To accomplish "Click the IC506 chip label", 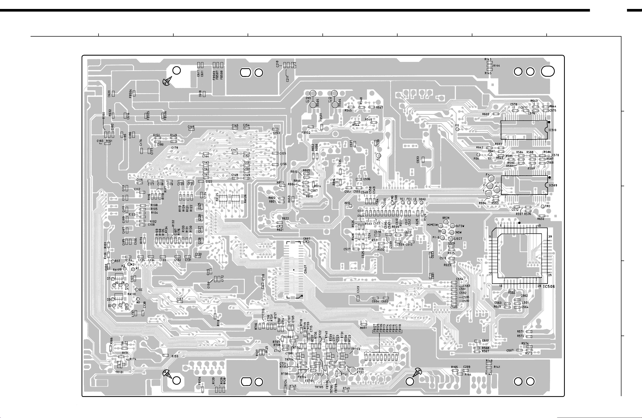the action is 549,286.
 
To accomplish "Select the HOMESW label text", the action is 432,225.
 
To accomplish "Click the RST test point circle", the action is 113,261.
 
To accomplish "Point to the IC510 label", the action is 552,130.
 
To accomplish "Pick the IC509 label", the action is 553,185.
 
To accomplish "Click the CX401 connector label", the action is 305,269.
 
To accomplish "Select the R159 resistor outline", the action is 166,355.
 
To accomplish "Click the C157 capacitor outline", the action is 180,302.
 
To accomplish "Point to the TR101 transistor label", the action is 120,372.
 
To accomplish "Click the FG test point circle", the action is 457,129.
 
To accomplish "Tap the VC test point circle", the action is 379,156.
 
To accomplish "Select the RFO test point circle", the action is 351,206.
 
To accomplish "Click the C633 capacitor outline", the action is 423,160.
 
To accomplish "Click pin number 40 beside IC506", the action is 539,226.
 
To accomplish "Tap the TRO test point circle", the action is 543,206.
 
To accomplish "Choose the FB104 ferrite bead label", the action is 200,381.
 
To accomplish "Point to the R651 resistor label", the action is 363,328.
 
